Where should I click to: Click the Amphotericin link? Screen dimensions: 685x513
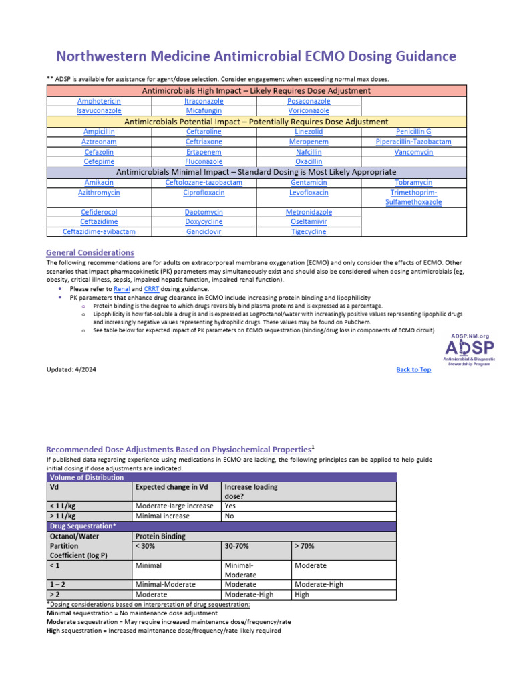click(x=99, y=101)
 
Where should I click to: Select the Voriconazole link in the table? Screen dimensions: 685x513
click(x=309, y=110)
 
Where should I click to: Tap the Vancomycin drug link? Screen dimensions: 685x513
click(x=413, y=152)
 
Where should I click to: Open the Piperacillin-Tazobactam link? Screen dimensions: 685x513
click(x=413, y=142)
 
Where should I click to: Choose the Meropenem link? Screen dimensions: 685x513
click(x=309, y=142)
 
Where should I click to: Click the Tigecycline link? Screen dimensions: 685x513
click(x=309, y=231)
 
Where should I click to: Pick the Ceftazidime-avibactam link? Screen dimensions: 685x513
click(x=99, y=231)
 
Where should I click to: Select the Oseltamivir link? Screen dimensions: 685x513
click(x=309, y=222)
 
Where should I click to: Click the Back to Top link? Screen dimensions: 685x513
click(x=413, y=369)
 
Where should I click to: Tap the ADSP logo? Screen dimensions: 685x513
click(x=470, y=349)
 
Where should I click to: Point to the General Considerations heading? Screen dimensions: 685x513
click(x=90, y=252)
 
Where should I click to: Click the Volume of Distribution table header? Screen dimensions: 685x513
click(x=87, y=478)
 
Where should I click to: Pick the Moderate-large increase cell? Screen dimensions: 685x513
click(x=174, y=506)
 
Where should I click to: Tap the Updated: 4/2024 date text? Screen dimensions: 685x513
click(x=71, y=369)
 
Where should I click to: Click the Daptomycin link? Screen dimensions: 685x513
click(x=204, y=212)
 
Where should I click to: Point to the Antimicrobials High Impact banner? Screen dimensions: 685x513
click(x=256, y=90)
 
